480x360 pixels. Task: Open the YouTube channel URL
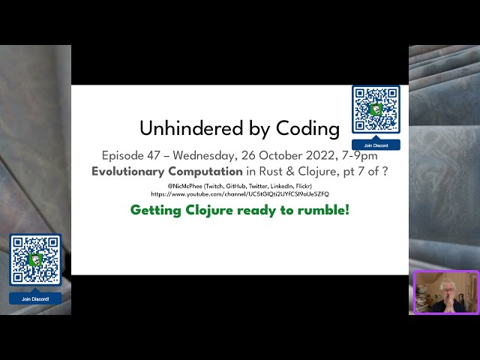coord(240,193)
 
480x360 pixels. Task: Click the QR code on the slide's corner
coord(376,110)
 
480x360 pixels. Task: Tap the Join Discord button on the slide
coord(376,145)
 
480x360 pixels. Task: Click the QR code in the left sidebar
coord(35,259)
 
